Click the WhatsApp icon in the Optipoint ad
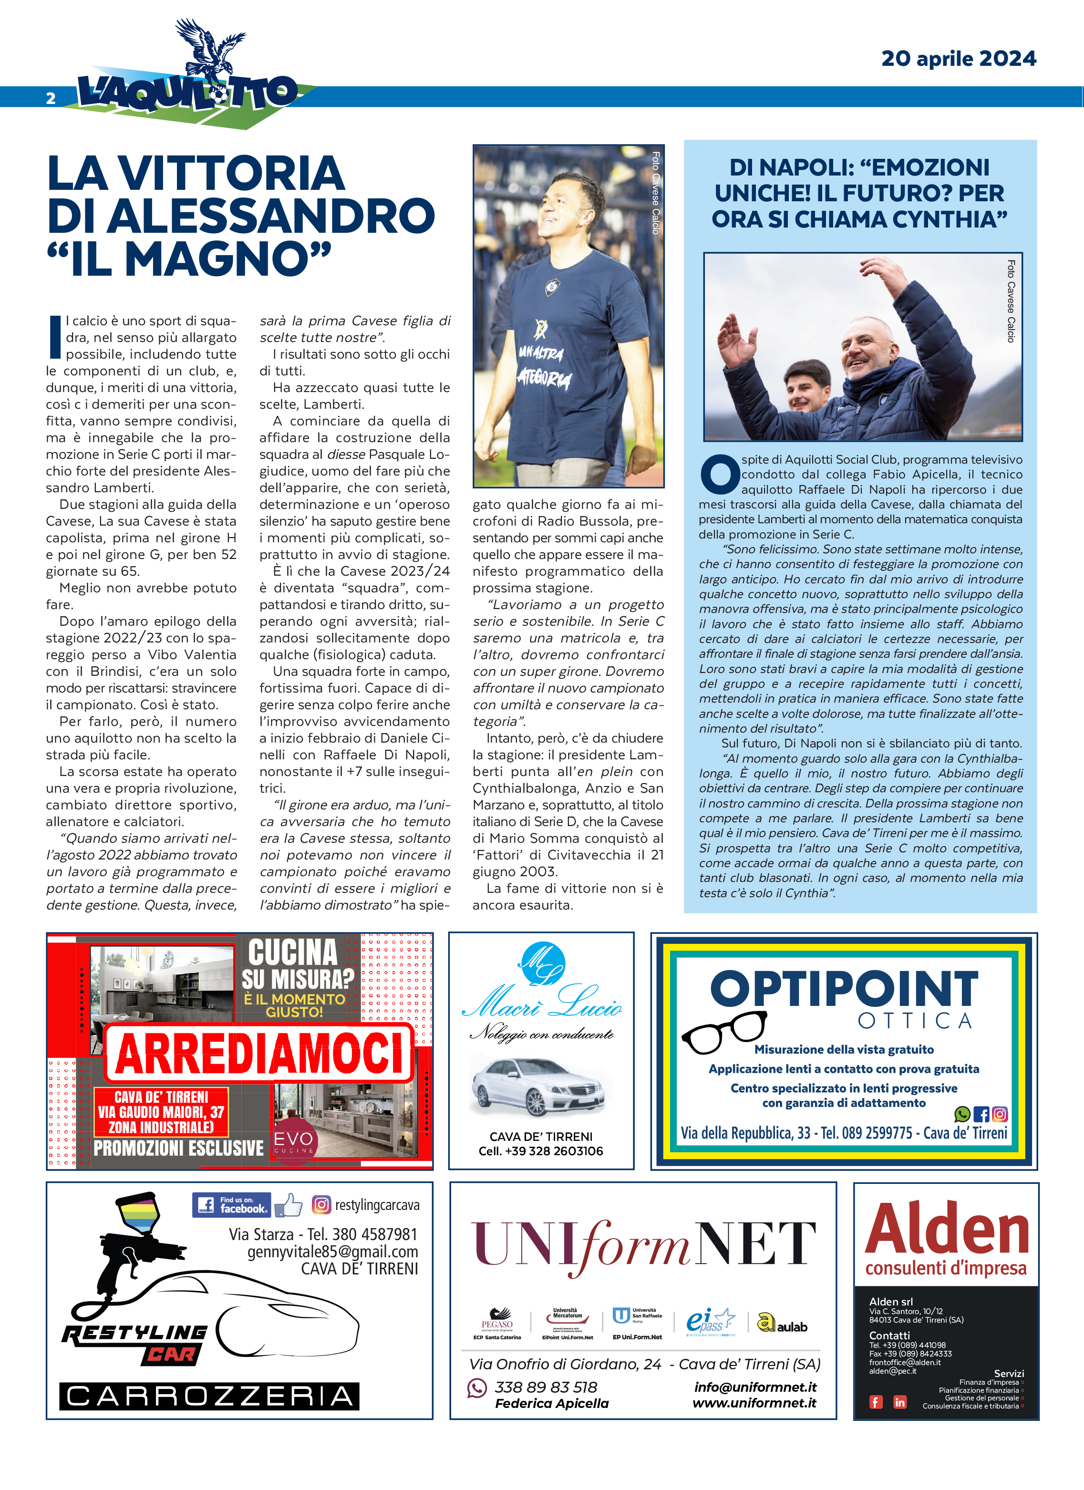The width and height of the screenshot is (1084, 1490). click(x=962, y=1114)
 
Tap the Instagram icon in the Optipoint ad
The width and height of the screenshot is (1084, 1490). click(x=999, y=1114)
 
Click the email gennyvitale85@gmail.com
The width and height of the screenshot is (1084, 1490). click(x=332, y=1252)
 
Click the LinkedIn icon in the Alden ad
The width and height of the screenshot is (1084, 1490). click(x=899, y=1402)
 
